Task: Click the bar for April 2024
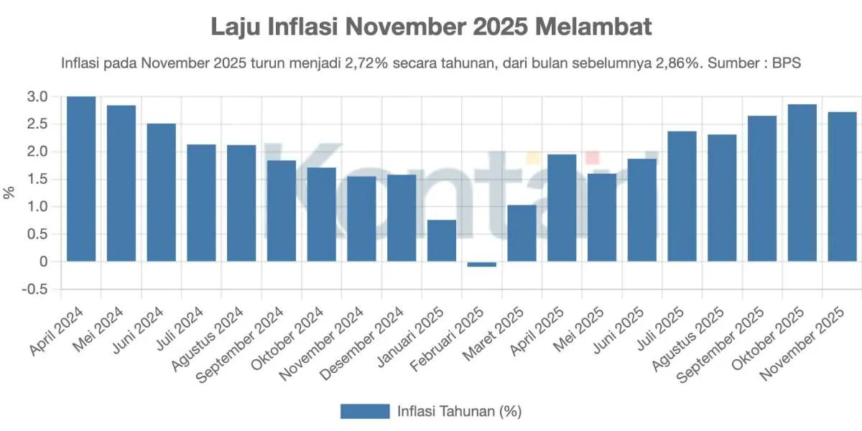(81, 179)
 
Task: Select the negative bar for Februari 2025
(482, 264)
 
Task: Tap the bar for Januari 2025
(442, 241)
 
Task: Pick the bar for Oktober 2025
(802, 183)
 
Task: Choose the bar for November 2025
(843, 187)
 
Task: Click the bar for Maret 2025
(522, 233)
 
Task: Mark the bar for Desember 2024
(402, 218)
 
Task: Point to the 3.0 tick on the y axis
(38, 97)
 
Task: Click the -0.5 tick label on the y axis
(36, 289)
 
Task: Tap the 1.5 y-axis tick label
(38, 180)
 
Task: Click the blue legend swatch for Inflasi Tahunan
(364, 412)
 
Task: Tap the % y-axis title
(9, 193)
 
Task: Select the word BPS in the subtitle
(787, 63)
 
